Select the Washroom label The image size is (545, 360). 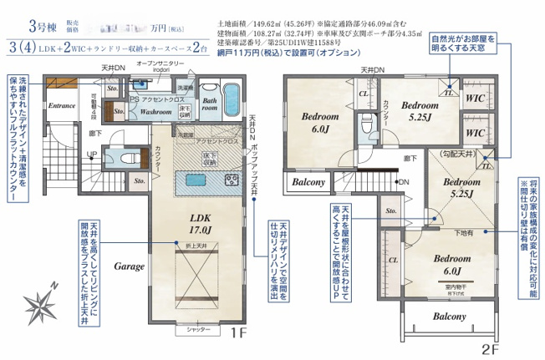click(155, 111)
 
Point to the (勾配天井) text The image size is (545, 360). click(457, 155)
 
